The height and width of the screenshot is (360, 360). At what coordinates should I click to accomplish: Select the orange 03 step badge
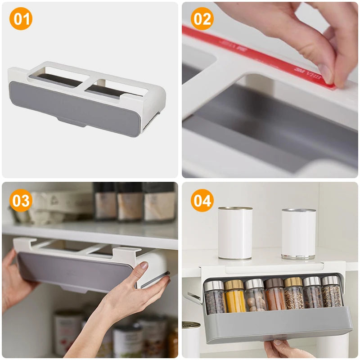(x=21, y=201)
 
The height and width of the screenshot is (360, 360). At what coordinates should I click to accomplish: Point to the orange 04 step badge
(x=202, y=201)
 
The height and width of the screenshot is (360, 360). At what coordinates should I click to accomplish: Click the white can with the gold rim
(x=235, y=233)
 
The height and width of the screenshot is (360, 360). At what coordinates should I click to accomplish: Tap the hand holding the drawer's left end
(x=13, y=279)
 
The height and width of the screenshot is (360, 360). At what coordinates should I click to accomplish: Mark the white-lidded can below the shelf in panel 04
(x=191, y=340)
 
